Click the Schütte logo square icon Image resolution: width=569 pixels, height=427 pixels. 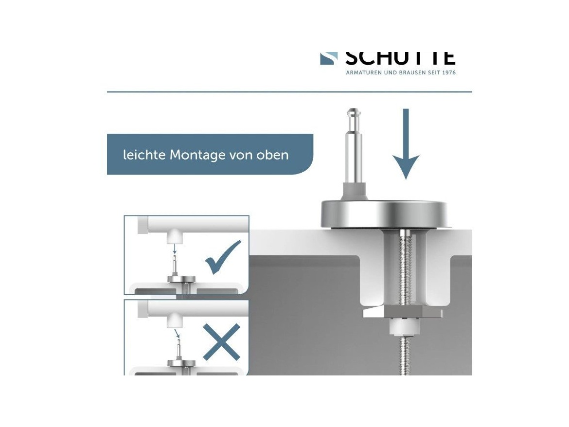coord(329,58)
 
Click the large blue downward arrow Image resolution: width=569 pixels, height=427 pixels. coord(406,146)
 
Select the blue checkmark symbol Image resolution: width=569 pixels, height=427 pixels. coord(223,258)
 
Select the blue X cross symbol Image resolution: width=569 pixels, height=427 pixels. coord(222,342)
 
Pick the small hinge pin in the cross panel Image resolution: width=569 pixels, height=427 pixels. coord(179,350)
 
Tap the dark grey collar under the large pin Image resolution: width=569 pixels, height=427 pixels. coord(354,189)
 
